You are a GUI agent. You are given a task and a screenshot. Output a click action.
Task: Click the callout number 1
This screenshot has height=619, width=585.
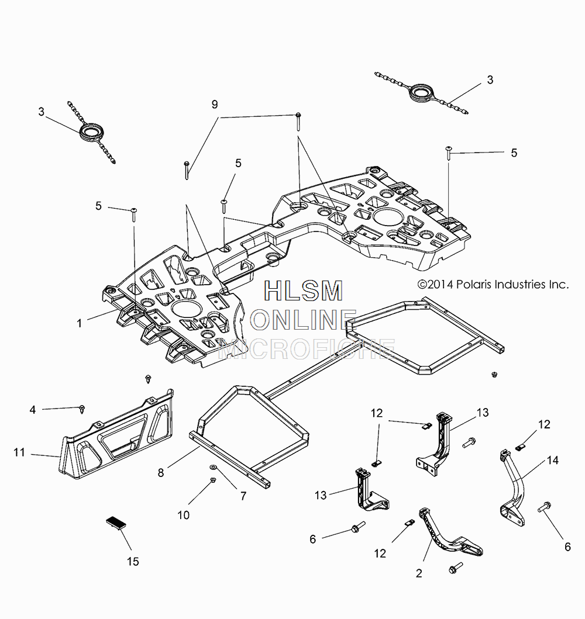[80, 323]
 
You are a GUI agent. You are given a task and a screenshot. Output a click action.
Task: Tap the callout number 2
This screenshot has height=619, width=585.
[419, 573]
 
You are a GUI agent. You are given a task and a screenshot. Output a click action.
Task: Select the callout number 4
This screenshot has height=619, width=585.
[33, 410]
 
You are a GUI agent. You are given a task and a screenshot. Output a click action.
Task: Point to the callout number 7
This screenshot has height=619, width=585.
[243, 496]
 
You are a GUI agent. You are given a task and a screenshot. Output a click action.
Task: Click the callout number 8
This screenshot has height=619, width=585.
[161, 472]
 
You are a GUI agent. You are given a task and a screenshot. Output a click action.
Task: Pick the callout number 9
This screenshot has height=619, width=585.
[215, 104]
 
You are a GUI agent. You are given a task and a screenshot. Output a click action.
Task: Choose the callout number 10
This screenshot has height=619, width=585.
[184, 515]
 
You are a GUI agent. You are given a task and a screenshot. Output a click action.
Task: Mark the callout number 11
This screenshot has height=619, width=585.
[19, 452]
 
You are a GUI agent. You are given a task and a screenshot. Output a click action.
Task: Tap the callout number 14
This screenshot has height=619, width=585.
[553, 460]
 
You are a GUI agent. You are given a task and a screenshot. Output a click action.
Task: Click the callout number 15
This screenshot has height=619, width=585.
[133, 561]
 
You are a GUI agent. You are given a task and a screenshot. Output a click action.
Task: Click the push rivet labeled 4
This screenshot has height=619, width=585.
[82, 409]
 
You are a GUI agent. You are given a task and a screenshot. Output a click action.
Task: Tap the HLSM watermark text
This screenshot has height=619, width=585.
[304, 291]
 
